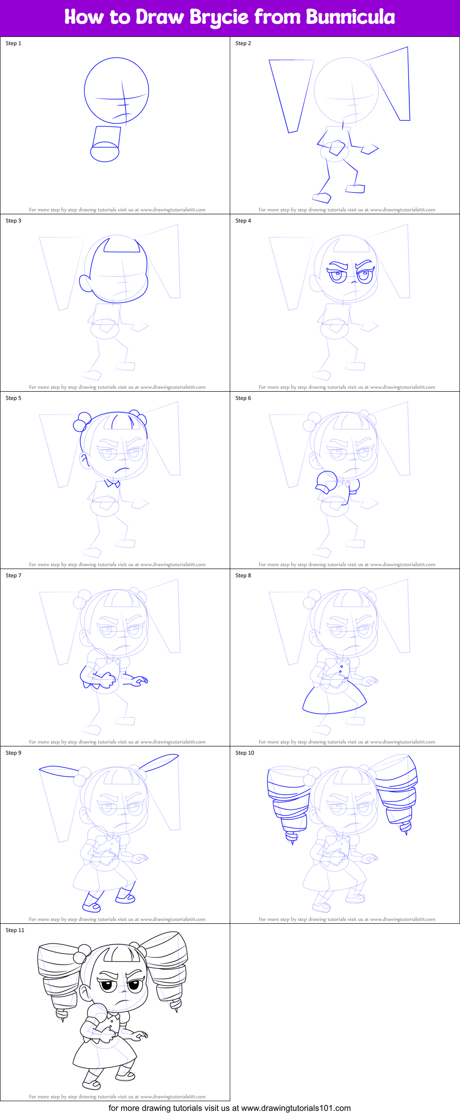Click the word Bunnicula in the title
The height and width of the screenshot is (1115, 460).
[350, 18]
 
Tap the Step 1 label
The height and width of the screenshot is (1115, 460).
[13, 43]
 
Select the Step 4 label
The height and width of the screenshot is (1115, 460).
[243, 221]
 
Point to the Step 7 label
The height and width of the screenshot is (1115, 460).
[13, 575]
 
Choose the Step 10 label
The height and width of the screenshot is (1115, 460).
[245, 753]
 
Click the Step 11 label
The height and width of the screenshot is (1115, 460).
[15, 930]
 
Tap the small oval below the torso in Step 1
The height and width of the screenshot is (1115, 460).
[105, 152]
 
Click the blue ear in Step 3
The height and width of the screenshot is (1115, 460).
[85, 283]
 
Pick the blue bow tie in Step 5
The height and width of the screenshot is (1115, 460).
[112, 483]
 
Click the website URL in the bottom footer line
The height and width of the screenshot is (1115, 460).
[296, 1108]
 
